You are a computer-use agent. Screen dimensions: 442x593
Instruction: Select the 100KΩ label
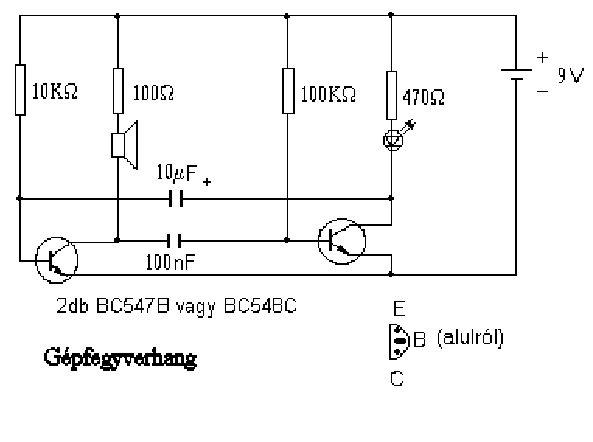328,94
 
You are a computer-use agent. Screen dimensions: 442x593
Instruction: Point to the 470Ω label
424,99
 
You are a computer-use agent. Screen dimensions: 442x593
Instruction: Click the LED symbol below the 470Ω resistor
392,138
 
